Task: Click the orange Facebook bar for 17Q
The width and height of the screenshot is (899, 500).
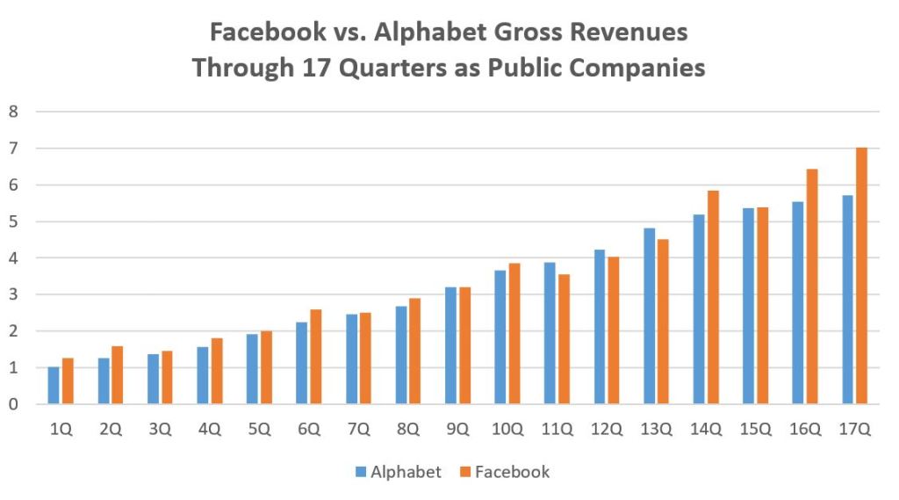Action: [x=861, y=276]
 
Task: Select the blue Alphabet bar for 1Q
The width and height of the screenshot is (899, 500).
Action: [x=54, y=386]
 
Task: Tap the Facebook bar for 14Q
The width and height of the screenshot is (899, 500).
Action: [x=713, y=298]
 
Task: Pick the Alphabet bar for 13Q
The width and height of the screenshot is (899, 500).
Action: [x=649, y=316]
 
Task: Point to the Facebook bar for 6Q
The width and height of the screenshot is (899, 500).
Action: [x=316, y=357]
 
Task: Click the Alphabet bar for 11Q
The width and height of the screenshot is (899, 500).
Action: [x=550, y=333]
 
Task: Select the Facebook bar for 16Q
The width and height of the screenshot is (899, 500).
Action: [x=812, y=286]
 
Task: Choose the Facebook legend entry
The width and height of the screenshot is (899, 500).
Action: [x=504, y=472]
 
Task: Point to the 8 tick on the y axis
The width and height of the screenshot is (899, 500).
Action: [x=13, y=112]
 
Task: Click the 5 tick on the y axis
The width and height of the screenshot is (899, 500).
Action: [x=13, y=221]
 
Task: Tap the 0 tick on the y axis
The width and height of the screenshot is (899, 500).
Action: [x=13, y=404]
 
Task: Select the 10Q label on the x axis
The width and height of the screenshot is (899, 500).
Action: [x=507, y=430]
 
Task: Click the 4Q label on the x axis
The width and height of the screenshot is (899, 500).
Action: [x=209, y=430]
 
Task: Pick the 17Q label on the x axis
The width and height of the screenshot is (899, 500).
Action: [x=855, y=430]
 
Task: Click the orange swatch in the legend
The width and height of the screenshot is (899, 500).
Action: [x=465, y=473]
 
